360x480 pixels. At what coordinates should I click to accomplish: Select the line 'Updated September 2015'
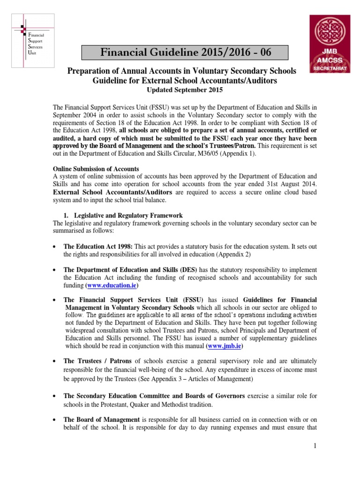click(x=183, y=90)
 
